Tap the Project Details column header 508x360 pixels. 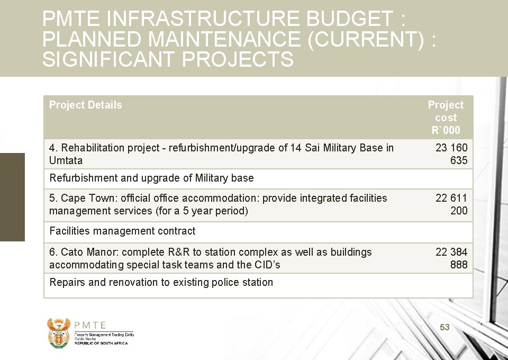click(85, 105)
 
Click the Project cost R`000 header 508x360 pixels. click(446, 118)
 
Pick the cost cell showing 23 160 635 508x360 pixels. click(451, 154)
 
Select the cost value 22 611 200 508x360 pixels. click(451, 204)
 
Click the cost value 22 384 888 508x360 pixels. click(451, 258)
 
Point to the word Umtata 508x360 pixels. click(66, 160)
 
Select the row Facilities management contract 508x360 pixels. click(122, 231)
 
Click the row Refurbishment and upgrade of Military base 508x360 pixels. click(151, 178)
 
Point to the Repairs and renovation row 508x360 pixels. click(161, 282)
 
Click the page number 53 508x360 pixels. click(444, 328)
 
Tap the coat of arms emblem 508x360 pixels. click(58, 332)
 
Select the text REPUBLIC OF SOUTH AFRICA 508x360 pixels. click(101, 343)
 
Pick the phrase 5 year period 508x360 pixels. click(216, 211)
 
